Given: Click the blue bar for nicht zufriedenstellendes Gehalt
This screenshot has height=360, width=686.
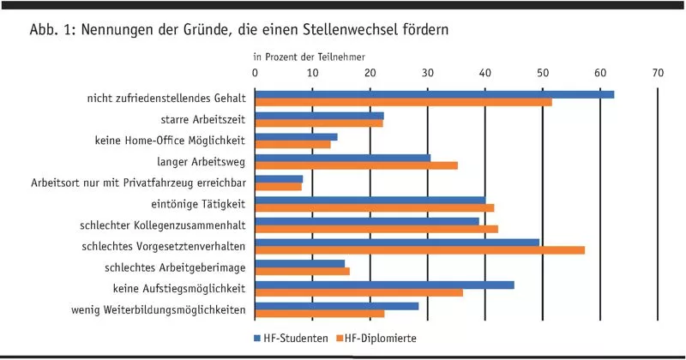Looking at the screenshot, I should coord(435,94).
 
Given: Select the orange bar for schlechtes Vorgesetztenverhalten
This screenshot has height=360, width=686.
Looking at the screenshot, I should coord(420,250).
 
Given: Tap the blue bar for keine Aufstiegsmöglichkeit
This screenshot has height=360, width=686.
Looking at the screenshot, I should coord(385,285).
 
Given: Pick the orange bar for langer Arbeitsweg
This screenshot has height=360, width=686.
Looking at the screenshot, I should coord(357,165).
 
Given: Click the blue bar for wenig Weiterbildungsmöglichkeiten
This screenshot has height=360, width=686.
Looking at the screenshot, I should coord(337,305).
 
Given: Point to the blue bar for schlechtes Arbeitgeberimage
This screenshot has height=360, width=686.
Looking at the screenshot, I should coord(300,263).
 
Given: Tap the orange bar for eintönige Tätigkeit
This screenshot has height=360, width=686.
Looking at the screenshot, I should coord(375,207).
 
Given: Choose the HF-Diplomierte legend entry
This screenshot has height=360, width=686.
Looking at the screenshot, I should coord(376,338).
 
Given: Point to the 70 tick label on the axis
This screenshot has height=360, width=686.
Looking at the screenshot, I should coord(658,75).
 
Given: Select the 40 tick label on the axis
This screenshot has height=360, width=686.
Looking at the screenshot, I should coord(485,75).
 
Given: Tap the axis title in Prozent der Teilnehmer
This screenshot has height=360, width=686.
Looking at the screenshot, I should coord(308,58).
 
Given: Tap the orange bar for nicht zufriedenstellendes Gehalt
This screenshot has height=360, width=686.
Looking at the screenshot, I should coord(404,103).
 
